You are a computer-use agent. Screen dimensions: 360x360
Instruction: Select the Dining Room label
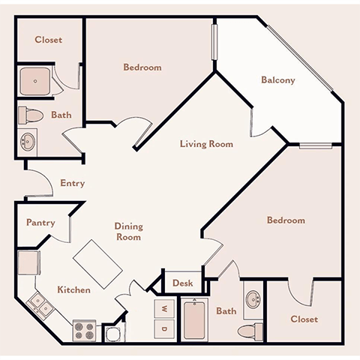128,231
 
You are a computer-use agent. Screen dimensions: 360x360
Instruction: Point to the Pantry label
40,222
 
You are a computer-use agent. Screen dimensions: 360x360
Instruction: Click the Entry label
73,183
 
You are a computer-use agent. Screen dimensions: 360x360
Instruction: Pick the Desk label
183,283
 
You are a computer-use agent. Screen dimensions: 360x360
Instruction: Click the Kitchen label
73,289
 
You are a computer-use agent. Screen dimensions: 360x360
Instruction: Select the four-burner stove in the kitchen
82,329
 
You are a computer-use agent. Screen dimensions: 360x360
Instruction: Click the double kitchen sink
40,305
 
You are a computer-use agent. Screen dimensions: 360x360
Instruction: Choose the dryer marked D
163,328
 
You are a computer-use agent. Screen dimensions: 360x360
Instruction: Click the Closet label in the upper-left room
49,40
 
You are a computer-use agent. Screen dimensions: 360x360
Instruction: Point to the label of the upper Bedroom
142,67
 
